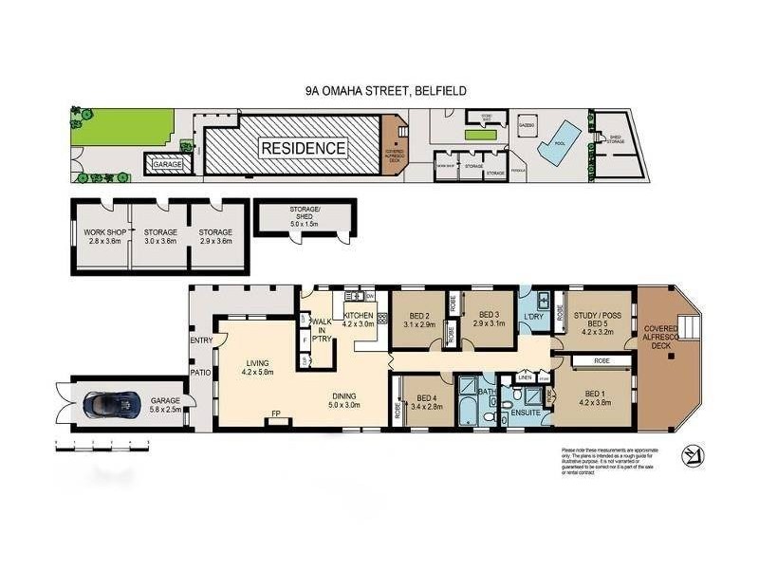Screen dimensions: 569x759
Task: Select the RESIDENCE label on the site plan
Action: pyautogui.click(x=304, y=148)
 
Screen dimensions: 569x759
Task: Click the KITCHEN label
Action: pyautogui.click(x=359, y=318)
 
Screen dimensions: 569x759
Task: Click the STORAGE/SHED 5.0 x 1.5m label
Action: pyautogui.click(x=305, y=217)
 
